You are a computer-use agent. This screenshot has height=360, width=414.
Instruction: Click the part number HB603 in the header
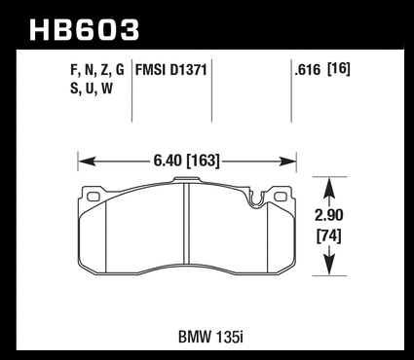pyautogui.click(x=84, y=29)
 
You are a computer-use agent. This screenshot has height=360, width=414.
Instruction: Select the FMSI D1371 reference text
pyautogui.click(x=171, y=69)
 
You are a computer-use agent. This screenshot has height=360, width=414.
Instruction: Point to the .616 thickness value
pyautogui.click(x=308, y=70)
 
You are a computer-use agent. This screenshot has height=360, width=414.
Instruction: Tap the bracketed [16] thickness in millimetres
pyautogui.click(x=339, y=69)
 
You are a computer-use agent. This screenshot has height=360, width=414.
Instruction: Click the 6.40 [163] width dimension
pyautogui.click(x=186, y=161)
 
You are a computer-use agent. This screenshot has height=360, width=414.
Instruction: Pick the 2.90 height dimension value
pyautogui.click(x=329, y=215)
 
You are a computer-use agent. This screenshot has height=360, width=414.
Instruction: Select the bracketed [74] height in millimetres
pyautogui.click(x=329, y=235)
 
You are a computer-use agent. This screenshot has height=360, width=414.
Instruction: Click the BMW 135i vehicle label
pyautogui.click(x=210, y=337)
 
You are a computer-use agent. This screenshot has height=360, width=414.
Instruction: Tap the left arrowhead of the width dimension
pyautogui.click(x=87, y=161)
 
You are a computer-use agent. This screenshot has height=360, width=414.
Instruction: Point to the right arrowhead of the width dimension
pyautogui.click(x=287, y=161)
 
